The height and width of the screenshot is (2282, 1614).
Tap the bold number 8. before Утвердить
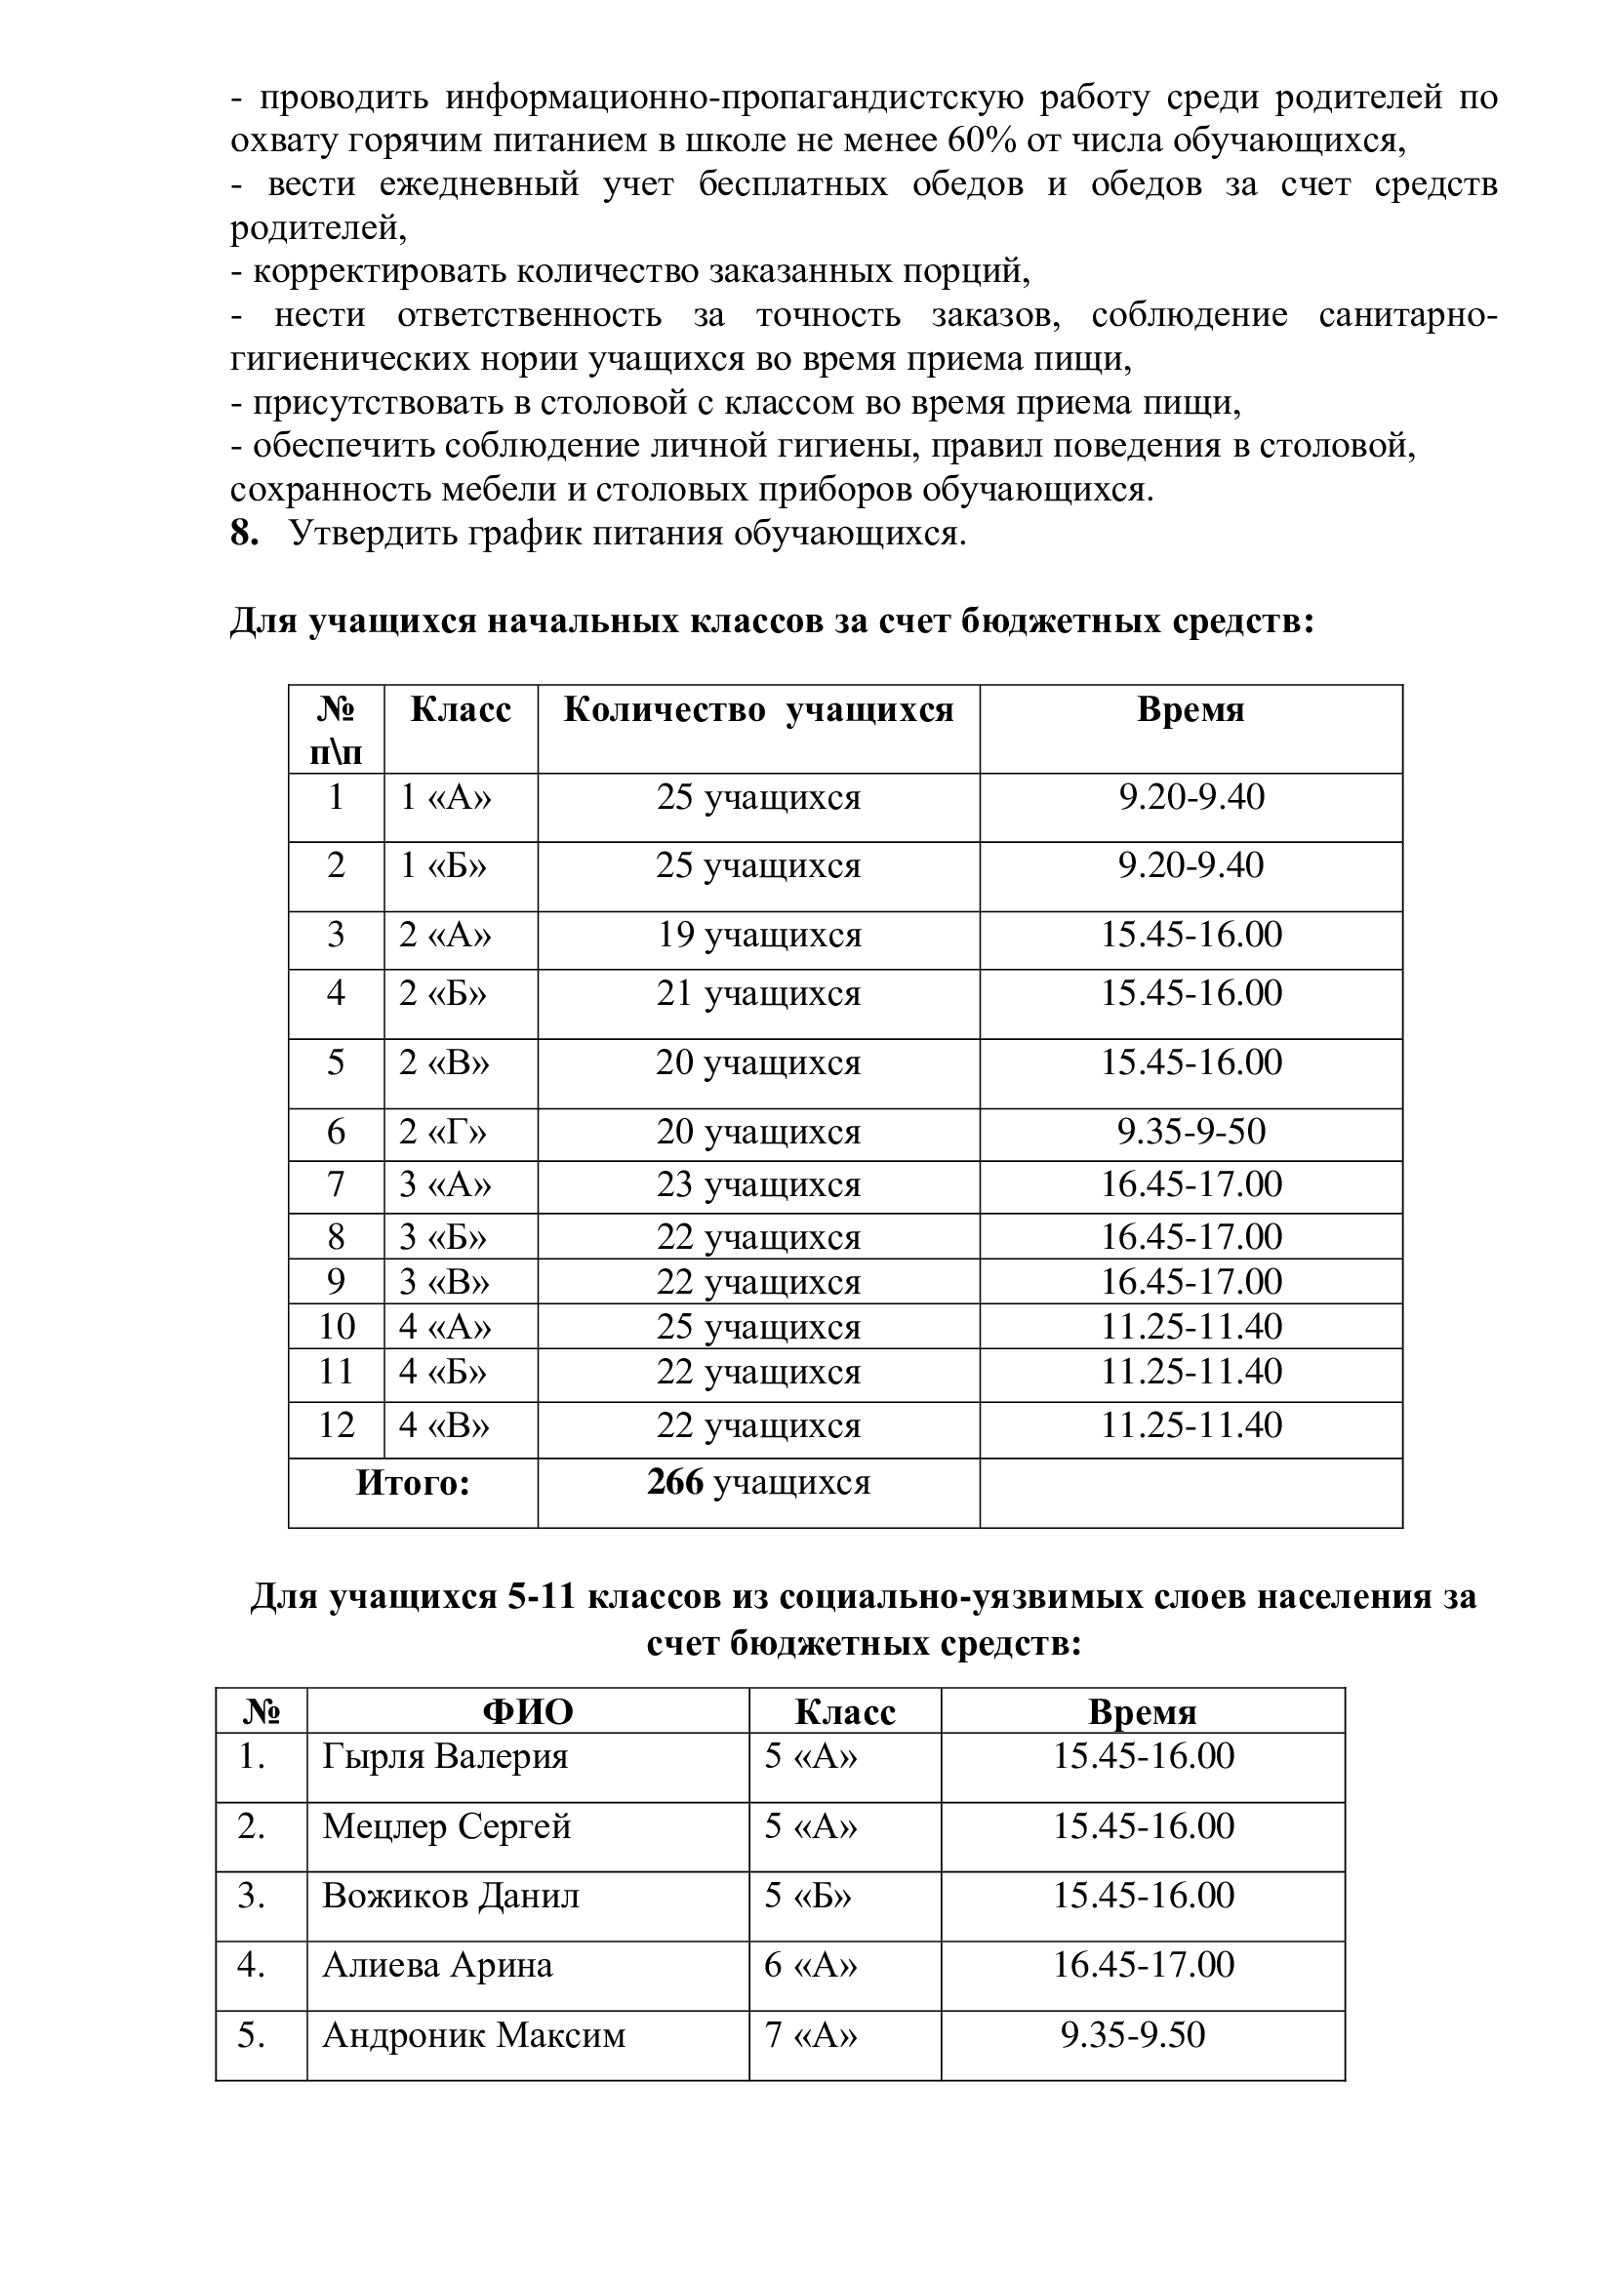tap(245, 534)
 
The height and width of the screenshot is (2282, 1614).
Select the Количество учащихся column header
tap(758, 710)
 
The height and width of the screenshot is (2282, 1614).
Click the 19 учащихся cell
tap(758, 936)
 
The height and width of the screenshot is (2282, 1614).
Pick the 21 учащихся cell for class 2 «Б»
tap(758, 994)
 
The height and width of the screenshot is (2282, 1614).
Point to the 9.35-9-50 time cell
tap(1190, 1132)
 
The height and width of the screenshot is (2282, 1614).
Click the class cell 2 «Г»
tap(443, 1132)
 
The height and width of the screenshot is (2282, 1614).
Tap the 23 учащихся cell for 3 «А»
tap(758, 1184)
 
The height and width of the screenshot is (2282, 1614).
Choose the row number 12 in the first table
tap(336, 1426)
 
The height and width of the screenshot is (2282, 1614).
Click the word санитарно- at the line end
tap(1407, 316)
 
